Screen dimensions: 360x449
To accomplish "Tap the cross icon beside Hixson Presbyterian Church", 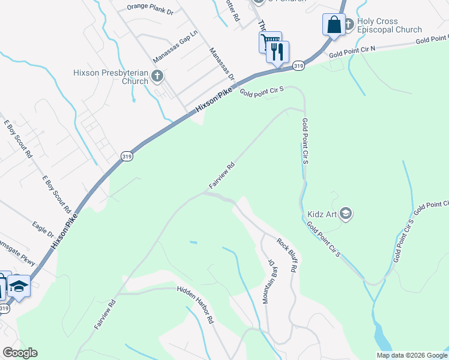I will pyautogui.click(x=157, y=76).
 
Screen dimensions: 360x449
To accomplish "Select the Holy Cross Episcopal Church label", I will pyautogui.click(x=390, y=25).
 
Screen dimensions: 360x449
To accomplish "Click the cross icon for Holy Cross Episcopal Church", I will pyautogui.click(x=350, y=21).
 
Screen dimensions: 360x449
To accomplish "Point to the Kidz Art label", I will pyautogui.click(x=321, y=213).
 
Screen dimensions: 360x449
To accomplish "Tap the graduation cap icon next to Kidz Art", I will pyautogui.click(x=345, y=213).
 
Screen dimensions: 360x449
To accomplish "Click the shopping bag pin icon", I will pyautogui.click(x=334, y=25).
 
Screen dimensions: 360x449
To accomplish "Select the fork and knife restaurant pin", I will pyautogui.click(x=278, y=52).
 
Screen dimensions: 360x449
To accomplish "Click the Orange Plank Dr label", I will pyautogui.click(x=150, y=10).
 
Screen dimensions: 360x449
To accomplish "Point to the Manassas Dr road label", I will pyautogui.click(x=222, y=64).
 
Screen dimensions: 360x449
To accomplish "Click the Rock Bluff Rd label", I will pyautogui.click(x=287, y=256).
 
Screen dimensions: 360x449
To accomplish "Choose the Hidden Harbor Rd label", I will pyautogui.click(x=196, y=304).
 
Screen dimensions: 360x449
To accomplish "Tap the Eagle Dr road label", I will pyautogui.click(x=43, y=229).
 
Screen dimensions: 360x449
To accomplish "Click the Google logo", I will pyautogui.click(x=20, y=353).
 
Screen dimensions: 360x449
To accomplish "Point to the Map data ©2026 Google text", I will pyautogui.click(x=411, y=355).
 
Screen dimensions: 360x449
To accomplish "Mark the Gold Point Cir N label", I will pyautogui.click(x=352, y=52).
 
